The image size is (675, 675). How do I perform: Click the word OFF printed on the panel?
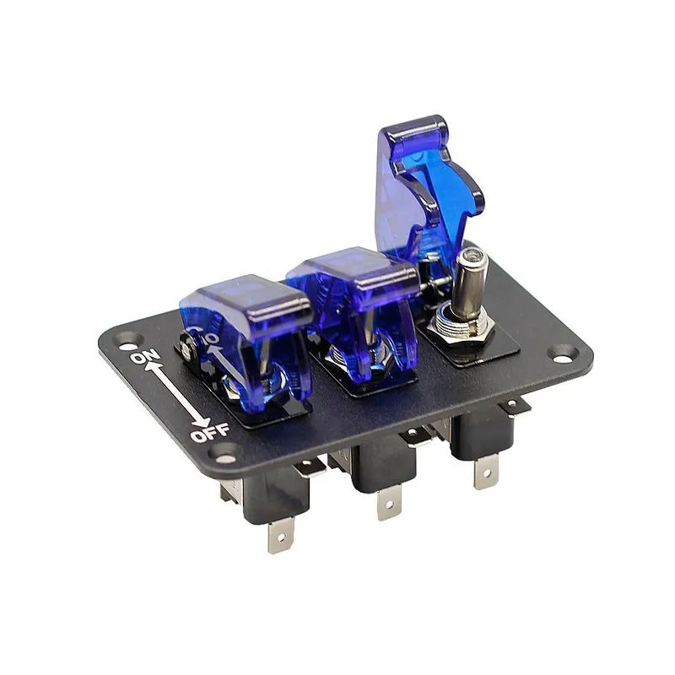click(x=210, y=432)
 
